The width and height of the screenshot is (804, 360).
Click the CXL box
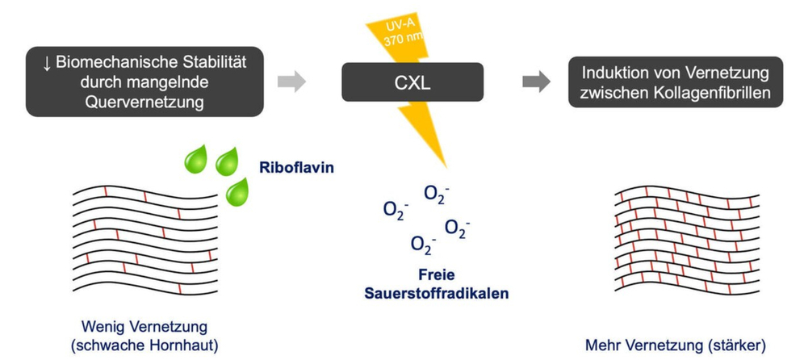[x=412, y=82]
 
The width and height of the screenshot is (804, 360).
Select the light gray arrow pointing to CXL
[x=292, y=82]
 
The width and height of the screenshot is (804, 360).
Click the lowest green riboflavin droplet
[x=237, y=190]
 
